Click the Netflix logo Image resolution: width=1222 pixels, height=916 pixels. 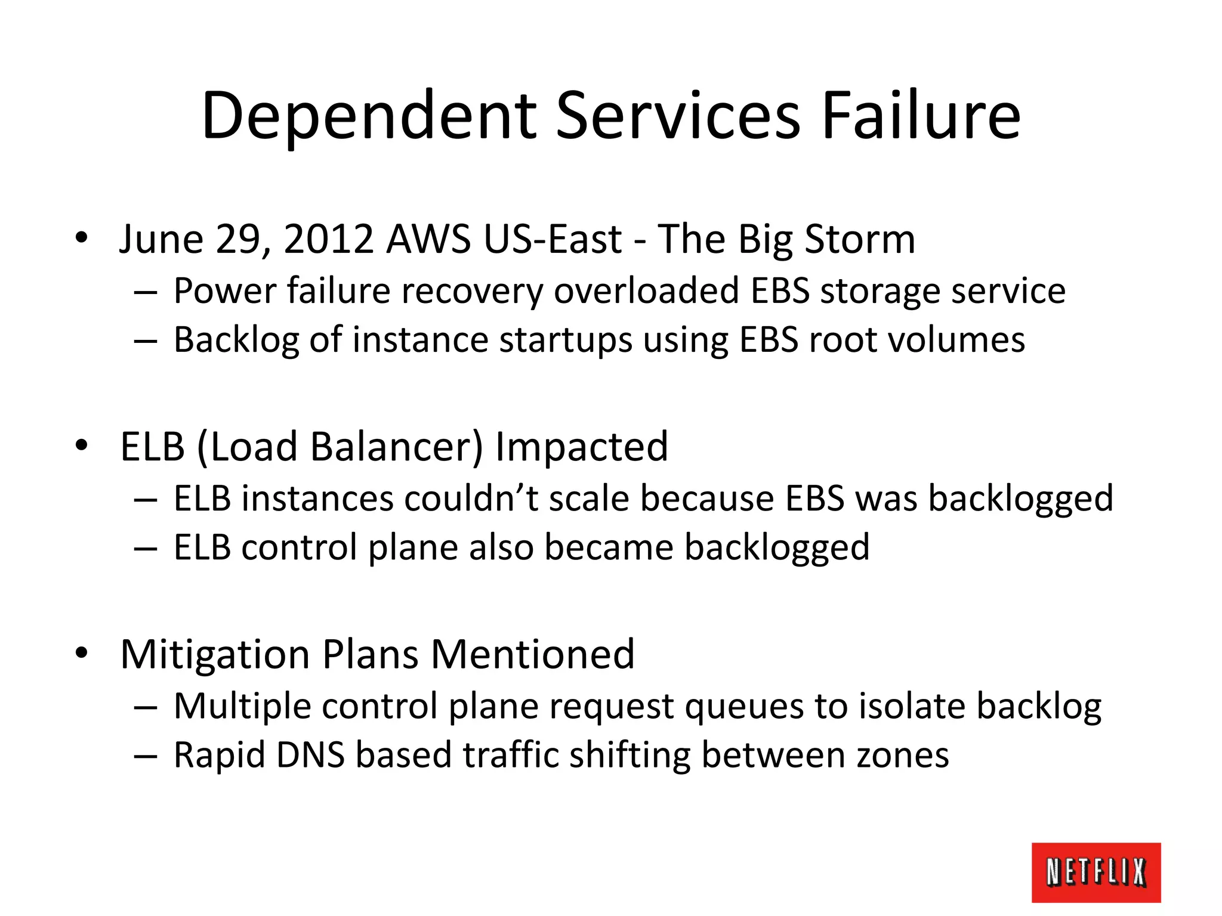pos(1096,872)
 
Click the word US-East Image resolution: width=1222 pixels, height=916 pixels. pos(553,239)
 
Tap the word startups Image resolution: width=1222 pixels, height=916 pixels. pos(565,340)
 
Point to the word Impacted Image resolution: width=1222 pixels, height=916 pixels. pos(582,447)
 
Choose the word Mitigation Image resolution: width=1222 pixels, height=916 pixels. pos(215,654)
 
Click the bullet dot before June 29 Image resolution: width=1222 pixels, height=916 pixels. pos(82,239)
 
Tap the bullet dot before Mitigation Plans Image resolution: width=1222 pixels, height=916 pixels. pos(82,654)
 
